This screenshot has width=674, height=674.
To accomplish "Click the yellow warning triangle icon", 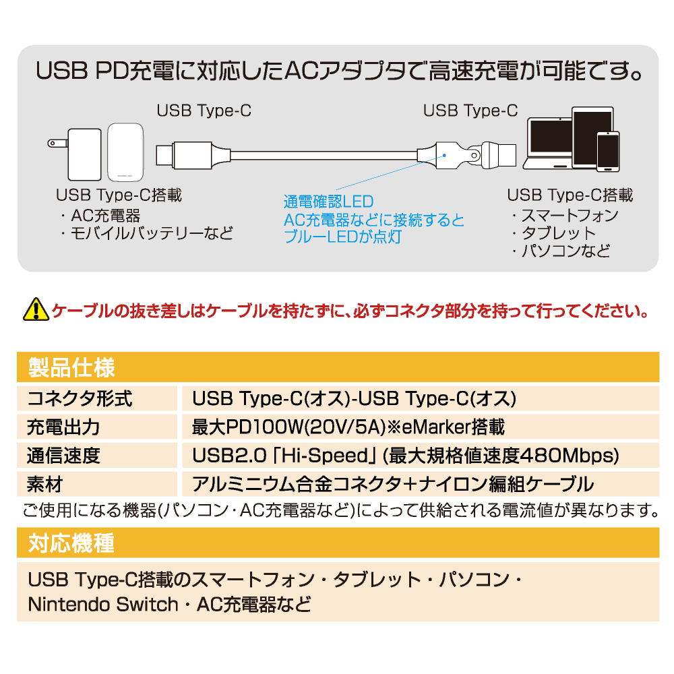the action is pyautogui.click(x=36, y=309).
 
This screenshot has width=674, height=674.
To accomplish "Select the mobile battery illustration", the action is pyautogui.click(x=125, y=152).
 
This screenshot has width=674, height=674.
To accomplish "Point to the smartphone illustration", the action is pyautogui.click(x=608, y=151).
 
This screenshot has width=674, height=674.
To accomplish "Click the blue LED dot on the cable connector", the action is pyautogui.click(x=444, y=155).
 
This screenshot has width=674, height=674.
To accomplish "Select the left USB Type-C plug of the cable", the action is pyautogui.click(x=184, y=155).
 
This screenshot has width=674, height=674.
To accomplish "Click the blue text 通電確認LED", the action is pyautogui.click(x=328, y=202).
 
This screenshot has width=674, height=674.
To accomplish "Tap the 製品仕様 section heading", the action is pyautogui.click(x=72, y=367).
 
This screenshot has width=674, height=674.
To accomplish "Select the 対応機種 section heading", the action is pyautogui.click(x=71, y=543).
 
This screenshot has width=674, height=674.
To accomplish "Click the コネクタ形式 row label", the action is pyautogui.click(x=80, y=398).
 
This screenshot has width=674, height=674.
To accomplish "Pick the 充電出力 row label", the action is pyautogui.click(x=63, y=427).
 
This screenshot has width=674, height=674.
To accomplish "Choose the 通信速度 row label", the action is pyautogui.click(x=63, y=456).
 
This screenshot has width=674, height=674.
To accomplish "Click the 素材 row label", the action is pyautogui.click(x=44, y=485).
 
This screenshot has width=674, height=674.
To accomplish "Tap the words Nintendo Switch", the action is pyautogui.click(x=103, y=605).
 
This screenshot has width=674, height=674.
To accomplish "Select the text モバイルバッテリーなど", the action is pyautogui.click(x=151, y=233).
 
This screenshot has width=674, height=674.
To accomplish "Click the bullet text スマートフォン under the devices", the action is pyautogui.click(x=570, y=216).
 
